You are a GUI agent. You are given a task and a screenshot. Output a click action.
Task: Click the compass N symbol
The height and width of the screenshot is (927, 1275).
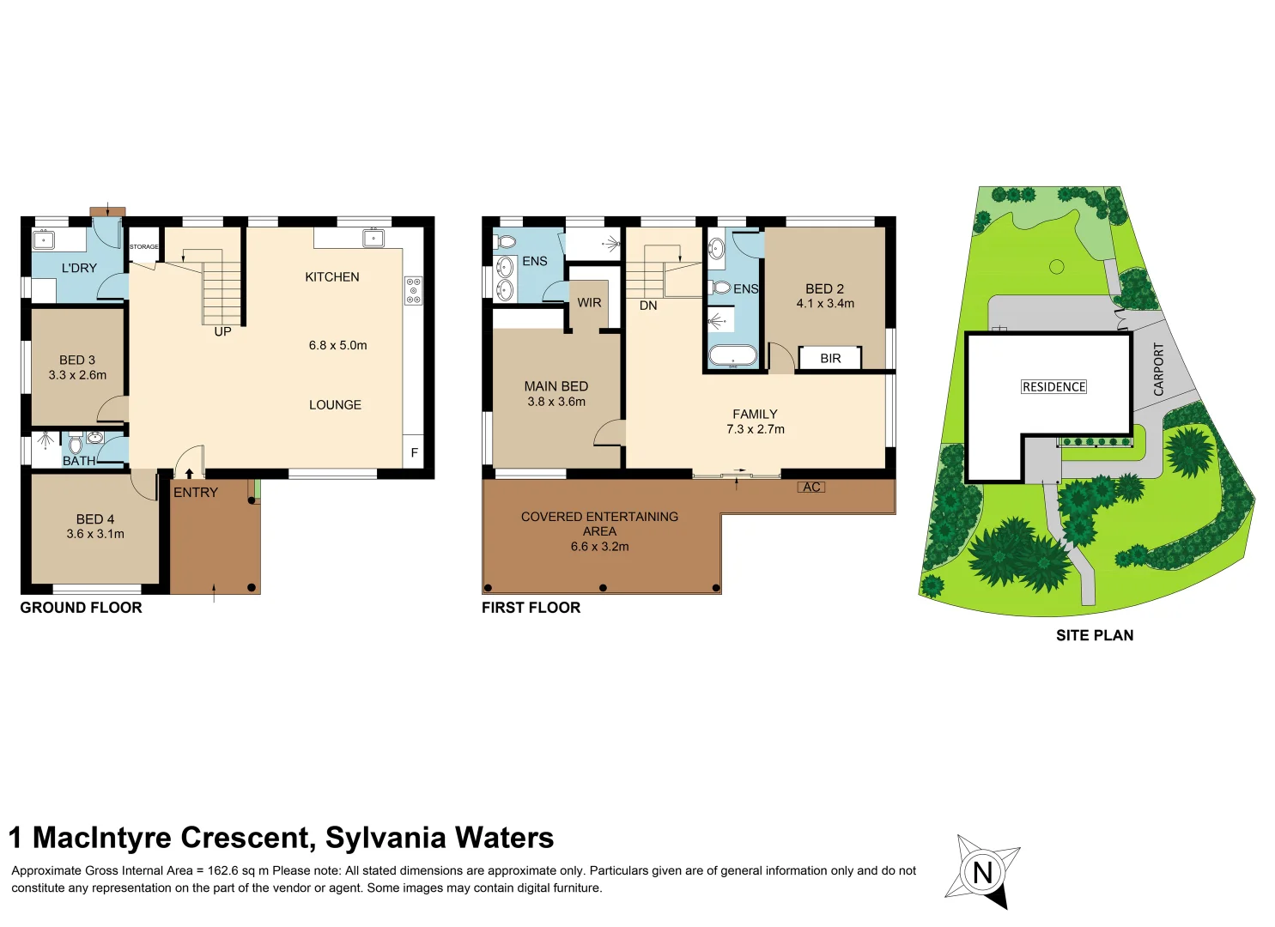(983, 872)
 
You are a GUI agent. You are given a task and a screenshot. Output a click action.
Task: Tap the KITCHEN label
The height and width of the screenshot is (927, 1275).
(332, 277)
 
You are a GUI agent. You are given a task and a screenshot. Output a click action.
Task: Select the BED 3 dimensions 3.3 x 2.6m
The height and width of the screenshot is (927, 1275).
(77, 375)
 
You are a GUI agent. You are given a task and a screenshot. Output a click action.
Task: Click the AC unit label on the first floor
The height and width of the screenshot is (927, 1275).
(811, 488)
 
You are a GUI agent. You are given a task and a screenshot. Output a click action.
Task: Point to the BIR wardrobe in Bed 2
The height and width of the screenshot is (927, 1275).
(829, 359)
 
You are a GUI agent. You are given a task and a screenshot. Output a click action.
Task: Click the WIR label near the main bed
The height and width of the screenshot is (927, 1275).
(589, 303)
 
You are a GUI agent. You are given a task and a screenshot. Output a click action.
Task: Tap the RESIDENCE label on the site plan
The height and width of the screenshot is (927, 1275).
(1053, 387)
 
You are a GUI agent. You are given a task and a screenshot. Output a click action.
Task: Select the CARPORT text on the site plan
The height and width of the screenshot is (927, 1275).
(1158, 369)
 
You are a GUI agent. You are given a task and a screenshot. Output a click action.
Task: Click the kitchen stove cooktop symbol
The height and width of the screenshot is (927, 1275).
(414, 290)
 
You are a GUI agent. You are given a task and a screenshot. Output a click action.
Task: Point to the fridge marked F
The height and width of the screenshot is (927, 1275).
(414, 452)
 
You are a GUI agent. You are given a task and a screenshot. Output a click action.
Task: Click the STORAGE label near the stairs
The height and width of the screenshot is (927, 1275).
(143, 247)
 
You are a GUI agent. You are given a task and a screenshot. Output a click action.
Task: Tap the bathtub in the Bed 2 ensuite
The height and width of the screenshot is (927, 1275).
(732, 355)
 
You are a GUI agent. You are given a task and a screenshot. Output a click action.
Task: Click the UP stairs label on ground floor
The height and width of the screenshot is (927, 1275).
(222, 332)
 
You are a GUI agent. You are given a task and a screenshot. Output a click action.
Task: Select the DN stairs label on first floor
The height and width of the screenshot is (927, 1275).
(648, 306)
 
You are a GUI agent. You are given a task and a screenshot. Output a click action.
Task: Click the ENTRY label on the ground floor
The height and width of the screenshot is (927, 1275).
(196, 493)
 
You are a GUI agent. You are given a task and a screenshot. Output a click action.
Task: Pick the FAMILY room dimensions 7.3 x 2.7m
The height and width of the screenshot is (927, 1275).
(755, 429)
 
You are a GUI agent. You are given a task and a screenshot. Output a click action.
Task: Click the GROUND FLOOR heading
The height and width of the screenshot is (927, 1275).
(81, 608)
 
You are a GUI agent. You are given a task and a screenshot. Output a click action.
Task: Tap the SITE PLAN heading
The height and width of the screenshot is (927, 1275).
(1094, 635)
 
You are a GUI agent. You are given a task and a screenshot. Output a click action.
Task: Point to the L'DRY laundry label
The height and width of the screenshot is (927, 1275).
(79, 269)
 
